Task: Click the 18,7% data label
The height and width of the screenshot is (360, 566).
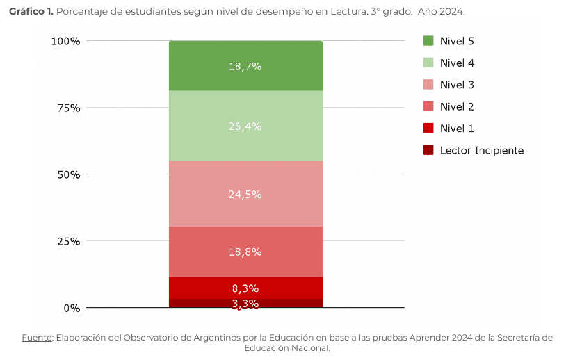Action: tap(245, 67)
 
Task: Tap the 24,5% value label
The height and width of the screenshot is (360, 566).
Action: tap(245, 195)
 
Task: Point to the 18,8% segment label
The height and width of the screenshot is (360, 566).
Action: tap(245, 252)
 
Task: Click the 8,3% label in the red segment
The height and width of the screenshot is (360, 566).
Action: tap(245, 288)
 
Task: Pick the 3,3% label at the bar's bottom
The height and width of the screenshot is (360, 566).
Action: tap(245, 304)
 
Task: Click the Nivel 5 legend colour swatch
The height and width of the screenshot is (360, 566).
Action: tap(428, 41)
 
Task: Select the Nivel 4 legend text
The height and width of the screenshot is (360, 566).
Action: tap(457, 63)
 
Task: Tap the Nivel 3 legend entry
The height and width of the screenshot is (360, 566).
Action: tap(457, 85)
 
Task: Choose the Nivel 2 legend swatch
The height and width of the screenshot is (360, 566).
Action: tap(428, 106)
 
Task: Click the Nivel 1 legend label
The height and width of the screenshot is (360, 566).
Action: tap(457, 129)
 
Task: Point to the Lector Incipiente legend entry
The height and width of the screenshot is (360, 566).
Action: tap(481, 150)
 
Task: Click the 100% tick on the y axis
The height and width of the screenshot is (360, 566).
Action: tap(66, 42)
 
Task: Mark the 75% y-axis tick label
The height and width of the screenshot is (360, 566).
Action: tap(68, 108)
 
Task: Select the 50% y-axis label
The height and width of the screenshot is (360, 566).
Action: tap(68, 175)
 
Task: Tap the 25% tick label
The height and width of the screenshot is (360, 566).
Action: tap(68, 242)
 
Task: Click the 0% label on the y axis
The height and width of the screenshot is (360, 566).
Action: tap(72, 308)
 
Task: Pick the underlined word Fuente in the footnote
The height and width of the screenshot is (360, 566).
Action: tap(37, 338)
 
